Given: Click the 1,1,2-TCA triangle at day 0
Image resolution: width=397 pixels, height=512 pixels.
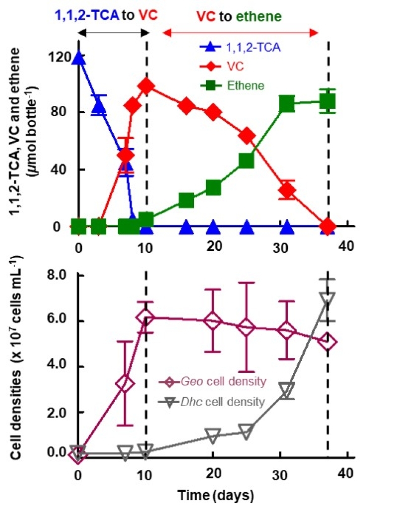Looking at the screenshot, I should coord(78,58).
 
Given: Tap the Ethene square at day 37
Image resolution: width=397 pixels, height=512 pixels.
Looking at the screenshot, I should coord(328,101).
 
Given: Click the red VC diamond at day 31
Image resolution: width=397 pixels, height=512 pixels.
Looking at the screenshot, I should coord(287,190).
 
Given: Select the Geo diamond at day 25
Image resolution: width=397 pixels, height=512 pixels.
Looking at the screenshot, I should coord(247,327).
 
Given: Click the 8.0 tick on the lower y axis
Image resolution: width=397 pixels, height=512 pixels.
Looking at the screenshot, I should coord(56,275).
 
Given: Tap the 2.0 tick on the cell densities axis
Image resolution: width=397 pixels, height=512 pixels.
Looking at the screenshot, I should coord(56,413).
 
